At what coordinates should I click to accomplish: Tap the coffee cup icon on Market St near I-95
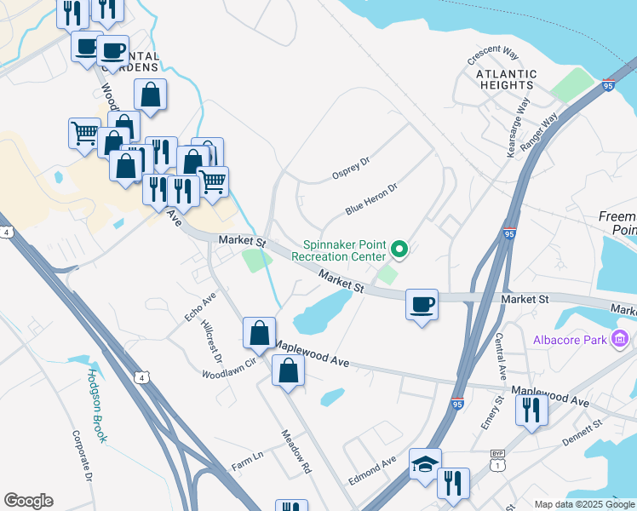(x=422, y=304)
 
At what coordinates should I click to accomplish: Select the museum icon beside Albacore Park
(x=621, y=341)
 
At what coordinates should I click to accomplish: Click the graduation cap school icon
(x=425, y=464)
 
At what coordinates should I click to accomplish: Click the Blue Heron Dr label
(x=372, y=198)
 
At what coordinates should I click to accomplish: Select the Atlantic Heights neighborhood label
(x=501, y=80)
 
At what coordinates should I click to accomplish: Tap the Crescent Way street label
(x=493, y=55)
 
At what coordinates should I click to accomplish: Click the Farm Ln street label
(x=247, y=465)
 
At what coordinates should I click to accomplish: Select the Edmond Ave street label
(x=371, y=474)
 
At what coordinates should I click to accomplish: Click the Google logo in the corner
(x=28, y=500)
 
